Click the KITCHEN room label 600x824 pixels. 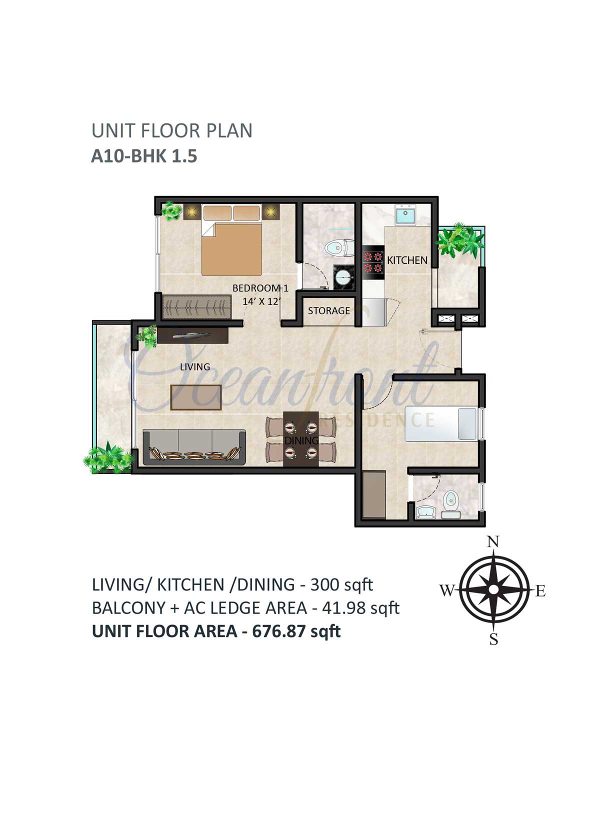pos(407,260)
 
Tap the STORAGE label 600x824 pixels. pos(329,311)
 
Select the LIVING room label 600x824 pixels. pos(195,367)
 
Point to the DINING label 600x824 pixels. pos(301,440)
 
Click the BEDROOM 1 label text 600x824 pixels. pos(260,288)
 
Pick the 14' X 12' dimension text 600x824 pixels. pos(261,301)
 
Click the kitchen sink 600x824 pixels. pos(405,215)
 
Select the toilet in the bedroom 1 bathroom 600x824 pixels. pos(339,247)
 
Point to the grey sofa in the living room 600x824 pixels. pos(194,447)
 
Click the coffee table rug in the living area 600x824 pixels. pos(196,397)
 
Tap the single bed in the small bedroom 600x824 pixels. pos(441,423)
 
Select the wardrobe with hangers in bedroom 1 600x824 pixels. pos(197,307)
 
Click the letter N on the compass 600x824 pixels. pos(493,542)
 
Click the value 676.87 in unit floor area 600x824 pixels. pos(279,631)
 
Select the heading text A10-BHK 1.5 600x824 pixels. pos(144,156)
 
